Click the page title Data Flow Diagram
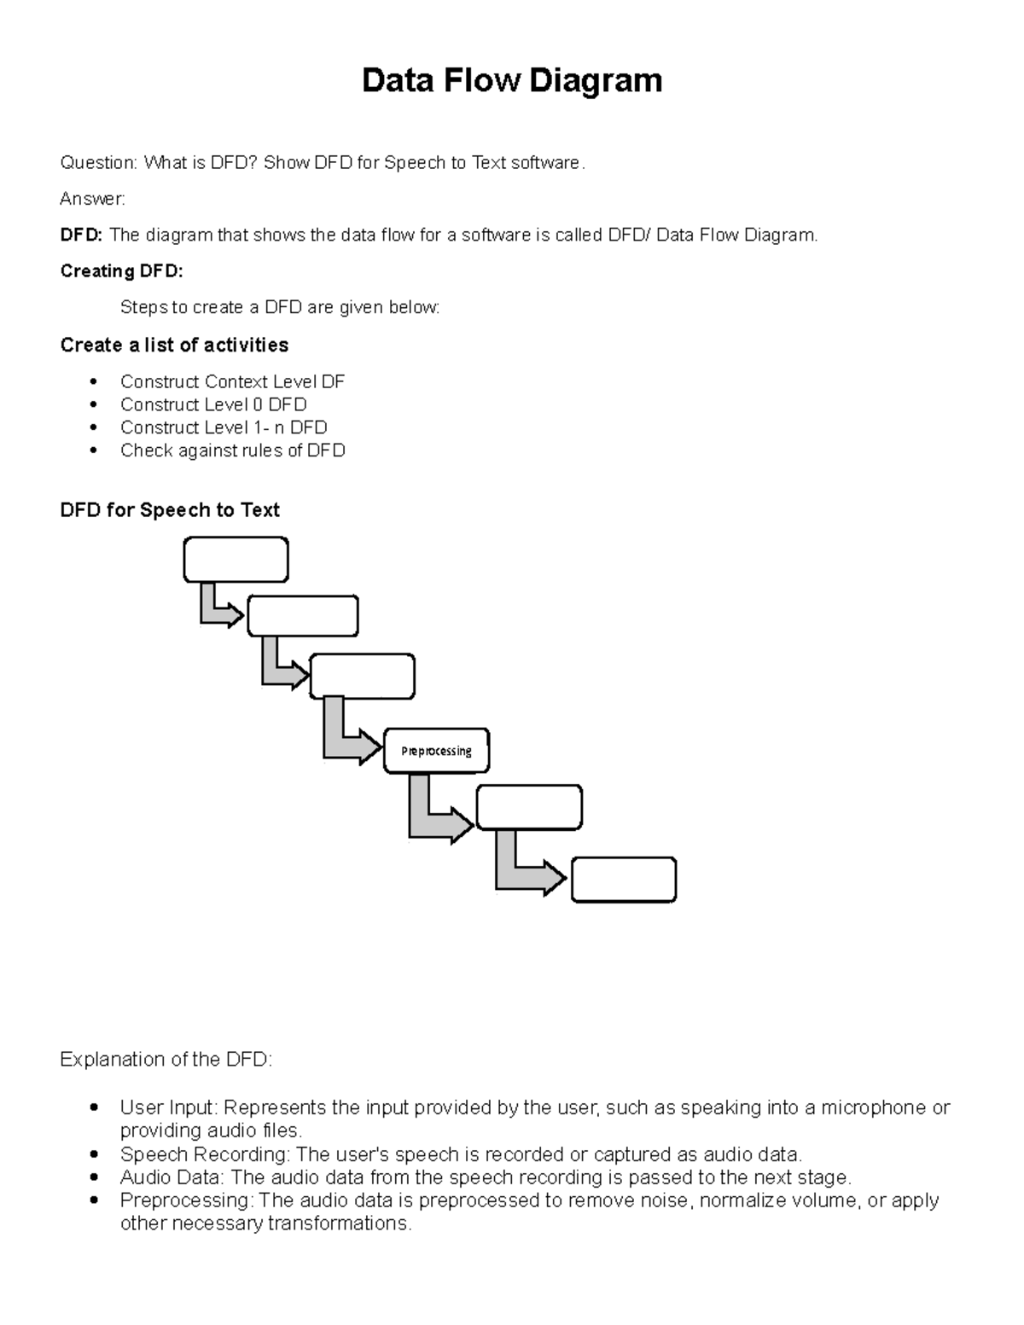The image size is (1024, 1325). (512, 81)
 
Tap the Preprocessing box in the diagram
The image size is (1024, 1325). (436, 751)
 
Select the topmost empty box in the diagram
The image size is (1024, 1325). (236, 560)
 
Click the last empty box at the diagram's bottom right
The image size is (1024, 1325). (623, 880)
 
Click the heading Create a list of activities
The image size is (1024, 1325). (174, 345)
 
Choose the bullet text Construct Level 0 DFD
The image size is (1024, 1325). (213, 404)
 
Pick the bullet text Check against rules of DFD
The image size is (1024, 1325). (232, 450)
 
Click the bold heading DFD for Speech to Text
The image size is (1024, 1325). (170, 510)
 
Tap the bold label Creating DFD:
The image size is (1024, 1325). (121, 271)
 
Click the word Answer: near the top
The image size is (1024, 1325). (92, 199)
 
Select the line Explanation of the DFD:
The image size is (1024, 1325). (166, 1060)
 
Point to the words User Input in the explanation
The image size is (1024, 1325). (169, 1107)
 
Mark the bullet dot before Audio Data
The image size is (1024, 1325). (95, 1178)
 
